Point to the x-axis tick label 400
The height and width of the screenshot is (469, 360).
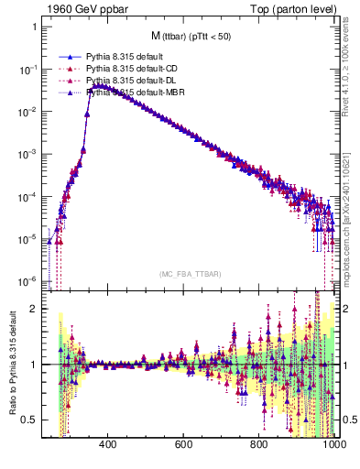[106, 445]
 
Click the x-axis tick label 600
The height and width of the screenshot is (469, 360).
[183, 445]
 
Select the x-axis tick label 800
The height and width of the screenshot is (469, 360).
[259, 445]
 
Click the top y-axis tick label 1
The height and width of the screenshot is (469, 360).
[35, 27]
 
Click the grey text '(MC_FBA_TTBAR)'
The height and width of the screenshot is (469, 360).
[191, 273]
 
